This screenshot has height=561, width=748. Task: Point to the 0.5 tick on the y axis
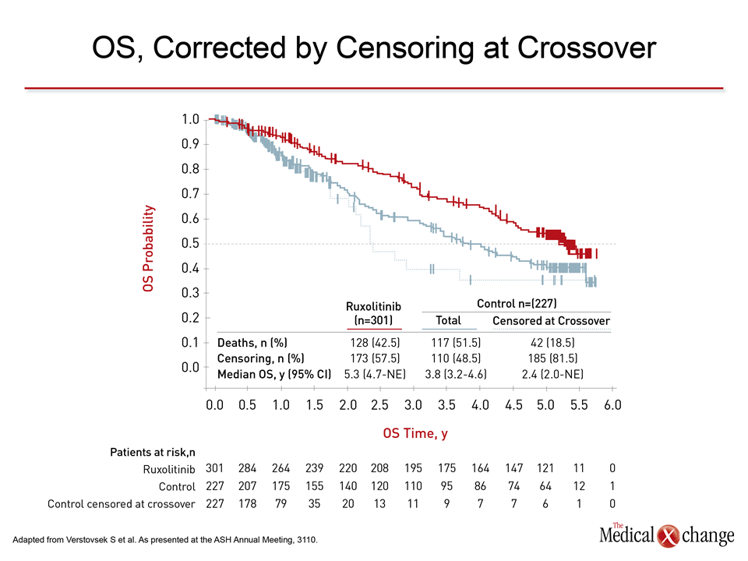coord(190,244)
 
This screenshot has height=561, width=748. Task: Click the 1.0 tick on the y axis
coord(190,119)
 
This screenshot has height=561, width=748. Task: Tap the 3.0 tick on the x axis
coord(414,405)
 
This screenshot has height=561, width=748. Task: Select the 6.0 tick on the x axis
coord(613,405)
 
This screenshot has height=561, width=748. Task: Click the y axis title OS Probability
coord(148,249)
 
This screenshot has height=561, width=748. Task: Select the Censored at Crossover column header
coord(551,321)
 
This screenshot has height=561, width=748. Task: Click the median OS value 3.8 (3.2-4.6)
coord(456,373)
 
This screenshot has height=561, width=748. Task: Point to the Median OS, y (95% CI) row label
coord(274,373)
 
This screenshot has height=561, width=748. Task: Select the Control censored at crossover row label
coord(122,504)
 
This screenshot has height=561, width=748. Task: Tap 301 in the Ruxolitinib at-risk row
coord(214,469)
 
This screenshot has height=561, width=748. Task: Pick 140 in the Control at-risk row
coord(348,486)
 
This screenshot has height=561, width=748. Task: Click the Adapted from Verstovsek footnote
coord(166,539)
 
